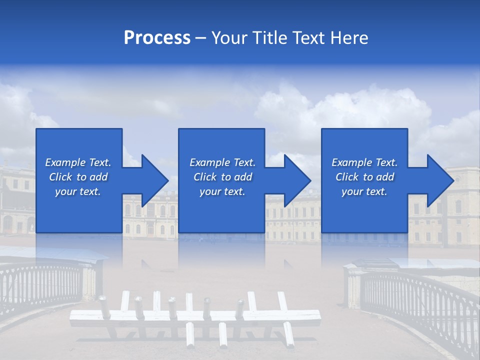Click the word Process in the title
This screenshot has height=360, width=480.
(x=157, y=38)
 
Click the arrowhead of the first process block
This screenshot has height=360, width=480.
(x=155, y=180)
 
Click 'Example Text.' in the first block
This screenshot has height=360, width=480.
(x=78, y=162)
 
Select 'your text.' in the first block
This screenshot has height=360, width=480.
(x=78, y=191)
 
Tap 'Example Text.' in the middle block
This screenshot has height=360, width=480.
(x=222, y=162)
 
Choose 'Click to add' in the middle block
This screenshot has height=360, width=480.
(x=222, y=177)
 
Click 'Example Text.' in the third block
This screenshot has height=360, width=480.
(x=364, y=162)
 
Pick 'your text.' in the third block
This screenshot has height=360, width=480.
(x=364, y=191)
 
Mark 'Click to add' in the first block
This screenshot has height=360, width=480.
(x=78, y=177)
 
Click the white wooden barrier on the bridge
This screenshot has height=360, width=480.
(x=195, y=315)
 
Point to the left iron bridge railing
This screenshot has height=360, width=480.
(x=40, y=285)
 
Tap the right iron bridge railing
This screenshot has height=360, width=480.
(x=420, y=300)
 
